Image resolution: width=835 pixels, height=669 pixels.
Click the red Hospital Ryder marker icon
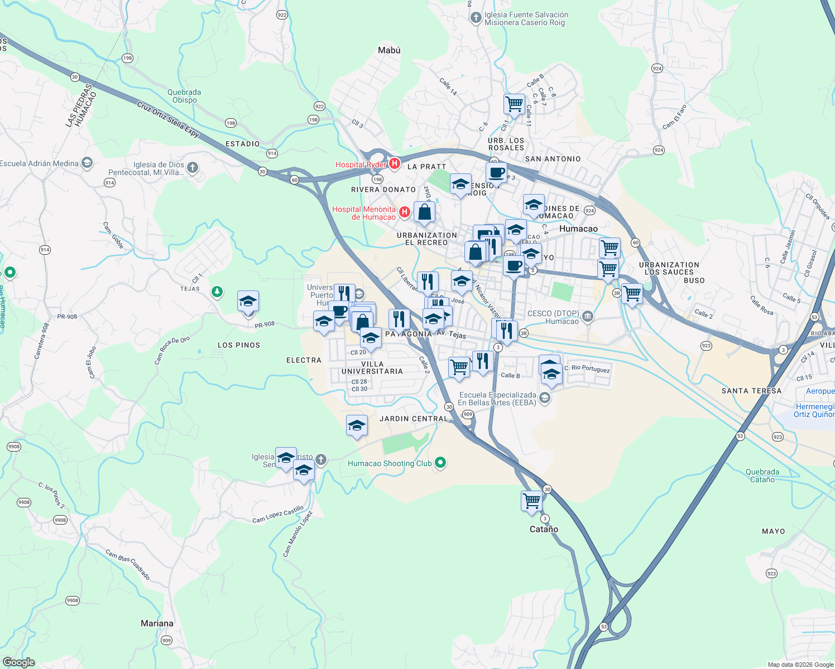[395, 163]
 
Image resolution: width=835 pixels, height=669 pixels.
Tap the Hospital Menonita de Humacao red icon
[405, 212]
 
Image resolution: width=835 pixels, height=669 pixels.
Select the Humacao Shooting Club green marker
[440, 463]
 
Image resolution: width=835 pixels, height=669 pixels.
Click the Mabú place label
[389, 50]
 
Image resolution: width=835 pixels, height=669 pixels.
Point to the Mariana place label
[157, 623]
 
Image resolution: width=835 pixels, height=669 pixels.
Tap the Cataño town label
[544, 529]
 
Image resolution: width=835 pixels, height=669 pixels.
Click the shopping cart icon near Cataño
[531, 500]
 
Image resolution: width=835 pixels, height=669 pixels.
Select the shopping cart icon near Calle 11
[514, 104]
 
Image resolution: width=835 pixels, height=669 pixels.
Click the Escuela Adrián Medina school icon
[87, 163]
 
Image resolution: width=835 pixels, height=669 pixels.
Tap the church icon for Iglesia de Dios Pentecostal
[193, 167]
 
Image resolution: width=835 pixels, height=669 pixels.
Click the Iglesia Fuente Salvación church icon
[476, 18]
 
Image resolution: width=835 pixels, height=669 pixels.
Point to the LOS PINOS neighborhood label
[239, 345]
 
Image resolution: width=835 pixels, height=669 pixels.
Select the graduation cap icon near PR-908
[248, 302]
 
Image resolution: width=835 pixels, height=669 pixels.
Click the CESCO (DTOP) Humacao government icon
[587, 317]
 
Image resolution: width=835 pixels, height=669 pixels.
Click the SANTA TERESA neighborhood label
[751, 391]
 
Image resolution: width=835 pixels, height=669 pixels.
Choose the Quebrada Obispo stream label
[184, 96]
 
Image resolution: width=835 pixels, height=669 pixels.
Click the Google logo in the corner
[18, 662]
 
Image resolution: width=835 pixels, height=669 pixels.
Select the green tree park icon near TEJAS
[217, 292]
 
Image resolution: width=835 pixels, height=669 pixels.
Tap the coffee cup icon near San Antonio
[496, 172]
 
